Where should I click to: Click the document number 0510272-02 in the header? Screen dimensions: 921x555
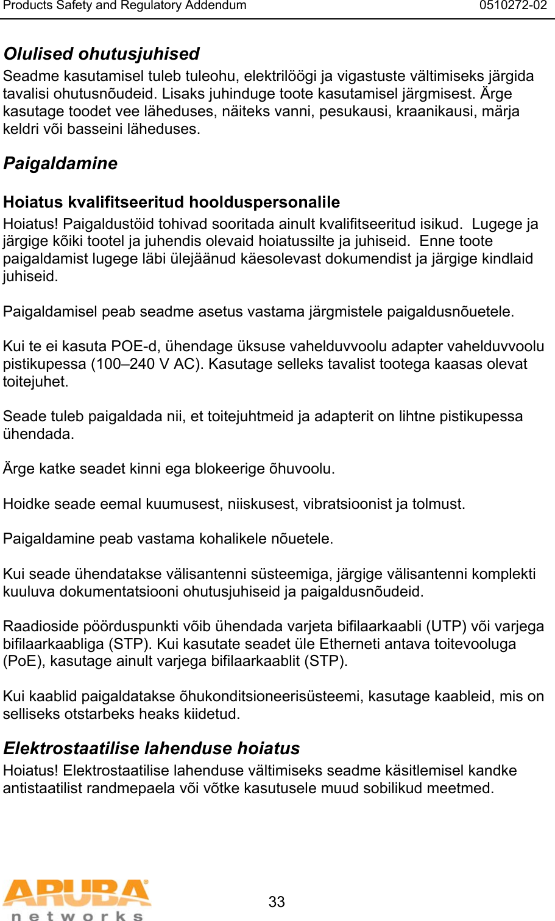513,6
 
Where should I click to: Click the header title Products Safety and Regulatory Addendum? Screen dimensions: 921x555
125,6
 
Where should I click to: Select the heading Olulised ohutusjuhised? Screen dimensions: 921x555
101,54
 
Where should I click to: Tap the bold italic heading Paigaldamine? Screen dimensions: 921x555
60,164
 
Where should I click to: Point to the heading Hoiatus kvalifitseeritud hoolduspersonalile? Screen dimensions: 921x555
171,202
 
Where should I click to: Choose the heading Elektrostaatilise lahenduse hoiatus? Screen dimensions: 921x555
151,748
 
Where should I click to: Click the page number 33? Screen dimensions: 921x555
277,902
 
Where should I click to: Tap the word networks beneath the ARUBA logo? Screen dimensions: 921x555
77,916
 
